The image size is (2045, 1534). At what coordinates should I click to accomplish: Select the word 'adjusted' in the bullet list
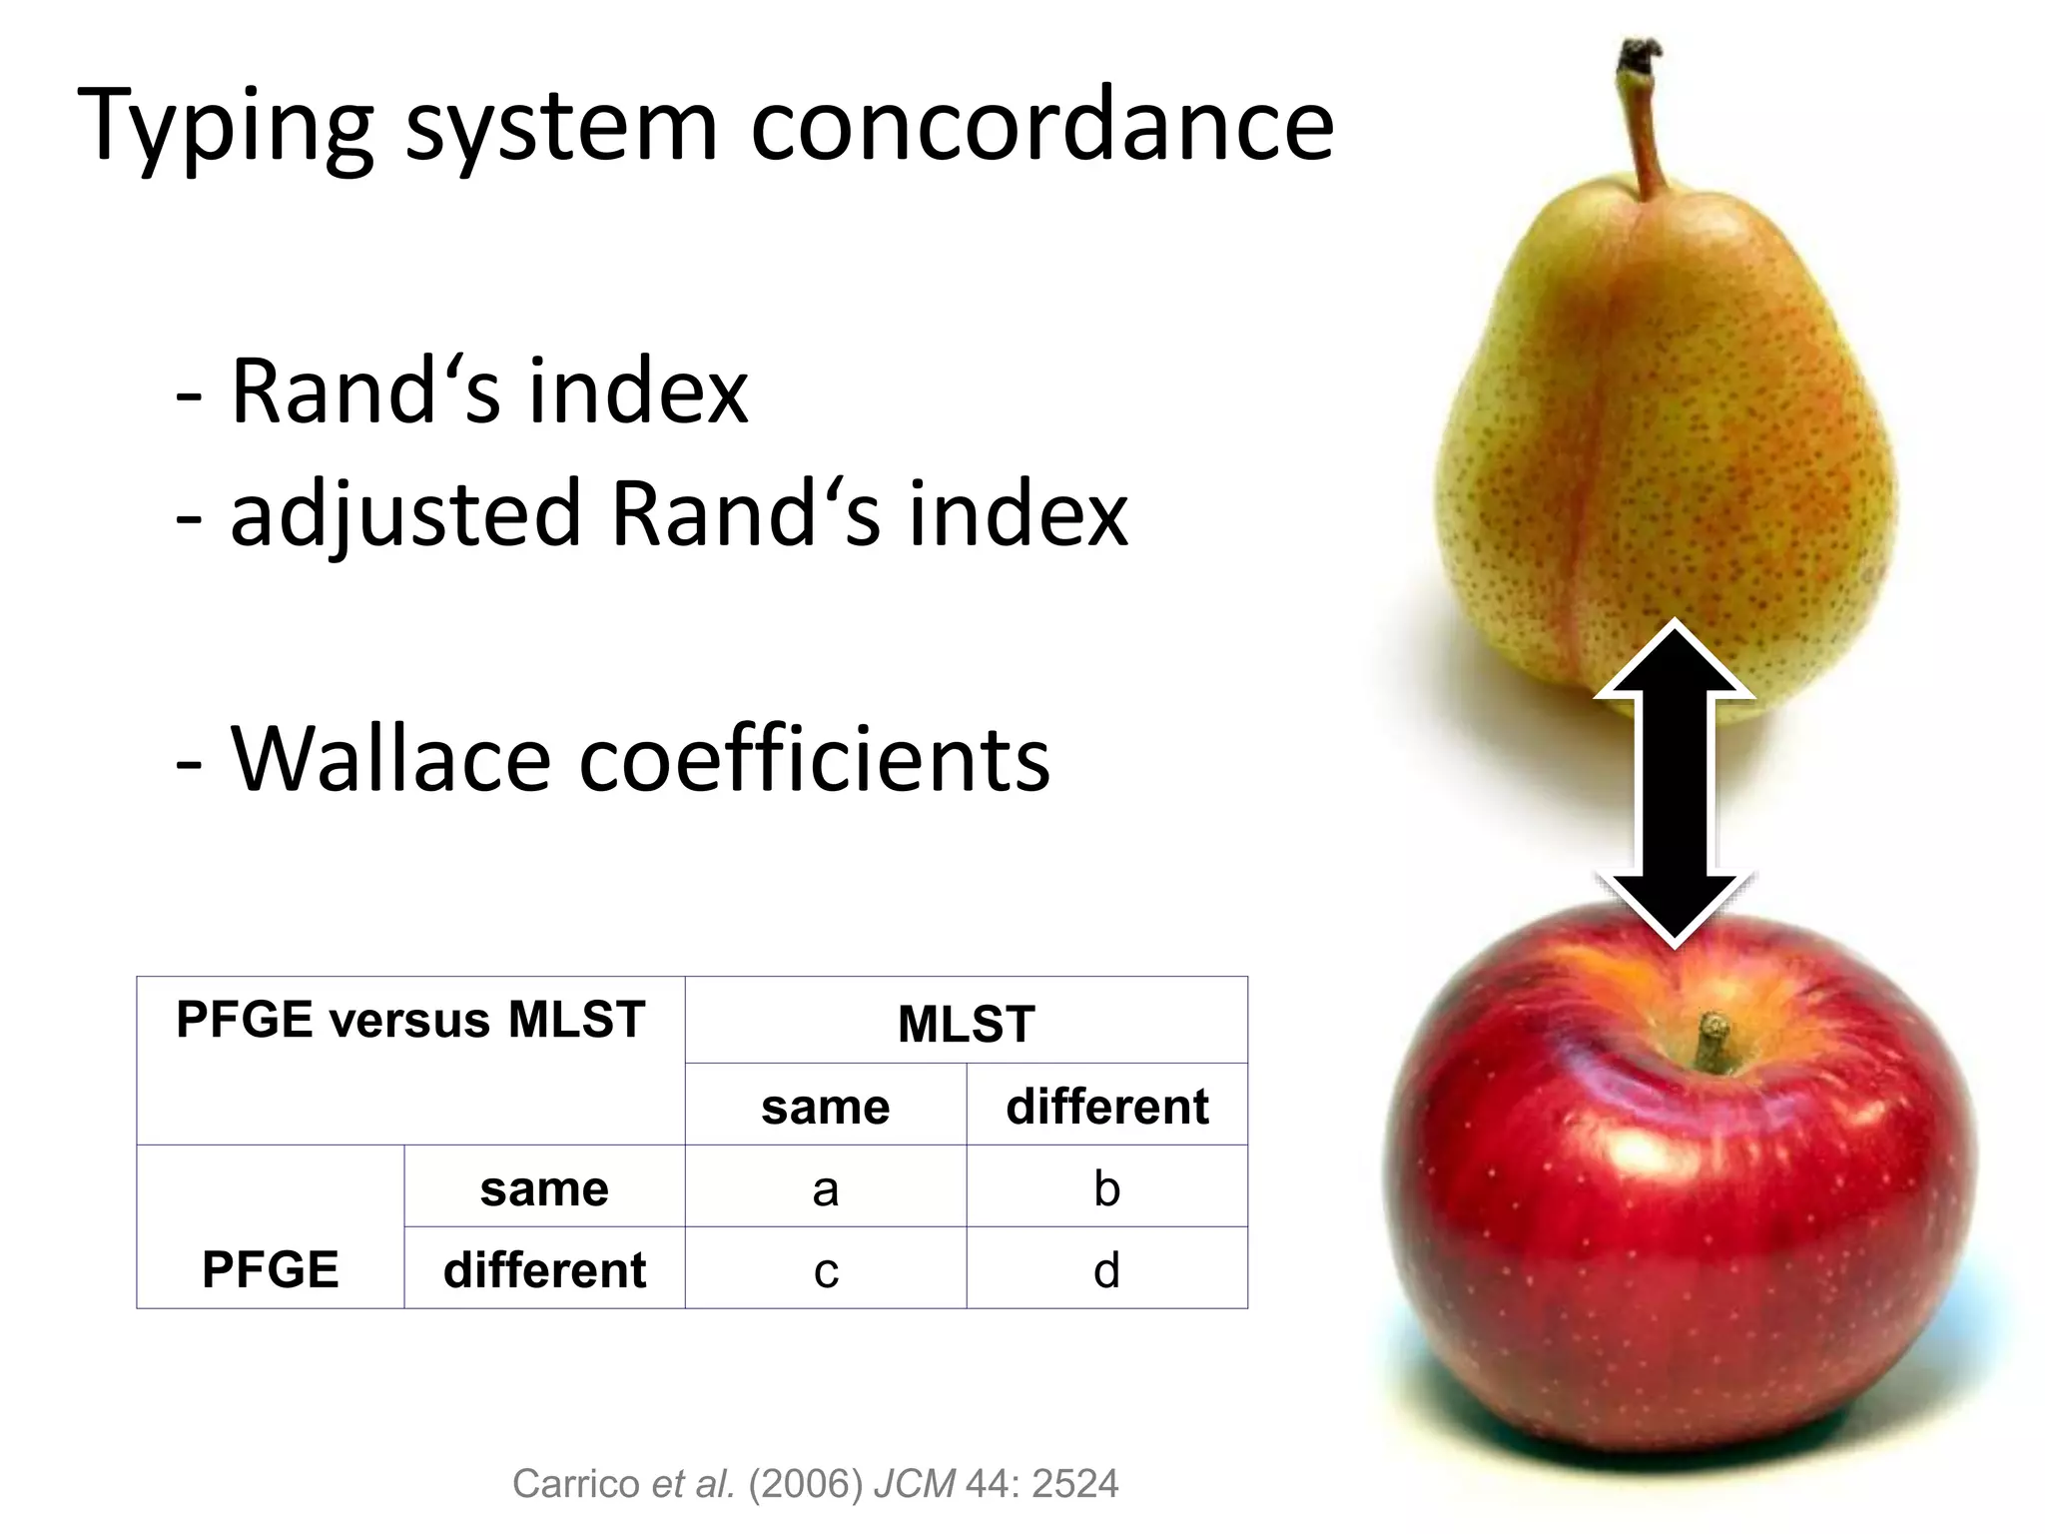[405, 514]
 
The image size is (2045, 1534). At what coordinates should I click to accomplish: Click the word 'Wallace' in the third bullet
[390, 759]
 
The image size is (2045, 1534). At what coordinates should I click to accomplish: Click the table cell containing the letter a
[825, 1188]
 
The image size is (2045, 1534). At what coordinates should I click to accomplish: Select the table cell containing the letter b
[1106, 1188]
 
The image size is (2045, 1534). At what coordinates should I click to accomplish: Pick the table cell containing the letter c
[825, 1270]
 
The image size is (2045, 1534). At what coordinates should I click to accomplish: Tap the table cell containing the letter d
[1106, 1270]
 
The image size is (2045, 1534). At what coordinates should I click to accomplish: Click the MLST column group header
[966, 1024]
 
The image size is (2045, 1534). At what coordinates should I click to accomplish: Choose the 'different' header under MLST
[1106, 1107]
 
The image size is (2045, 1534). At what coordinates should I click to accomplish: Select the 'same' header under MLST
[825, 1107]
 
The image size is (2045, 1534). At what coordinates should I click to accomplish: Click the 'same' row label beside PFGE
[544, 1188]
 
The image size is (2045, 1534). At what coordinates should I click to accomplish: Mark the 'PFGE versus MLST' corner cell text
[410, 1021]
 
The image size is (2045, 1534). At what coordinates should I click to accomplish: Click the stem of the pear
[1644, 120]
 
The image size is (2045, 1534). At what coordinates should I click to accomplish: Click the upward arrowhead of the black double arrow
[1675, 659]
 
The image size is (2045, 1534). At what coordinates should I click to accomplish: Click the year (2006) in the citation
[805, 1484]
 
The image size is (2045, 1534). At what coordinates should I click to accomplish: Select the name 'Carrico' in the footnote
[577, 1484]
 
